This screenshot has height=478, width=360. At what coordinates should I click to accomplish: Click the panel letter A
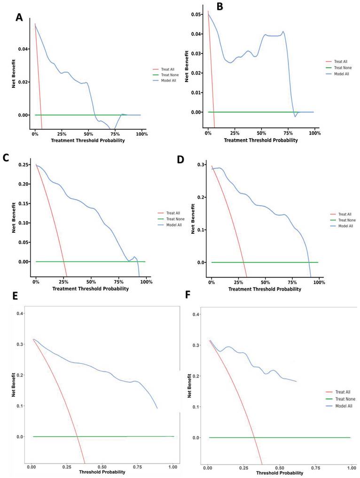click(x=19, y=17)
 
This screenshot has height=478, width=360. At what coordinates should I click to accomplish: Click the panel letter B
click(x=219, y=7)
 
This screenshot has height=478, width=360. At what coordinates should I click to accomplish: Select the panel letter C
click(x=6, y=158)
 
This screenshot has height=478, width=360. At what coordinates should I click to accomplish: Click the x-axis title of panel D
click(x=265, y=289)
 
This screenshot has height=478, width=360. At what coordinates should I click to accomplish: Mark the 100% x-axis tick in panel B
click(x=315, y=133)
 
